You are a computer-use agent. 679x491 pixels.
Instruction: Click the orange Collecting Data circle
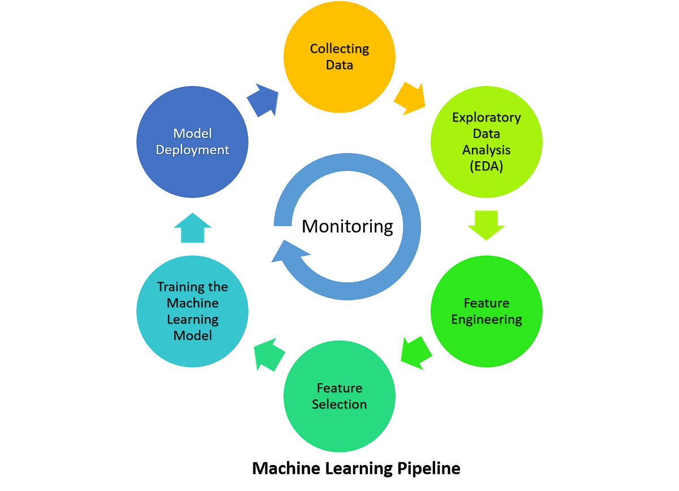(339, 57)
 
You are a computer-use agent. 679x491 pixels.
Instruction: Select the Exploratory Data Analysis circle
(487, 141)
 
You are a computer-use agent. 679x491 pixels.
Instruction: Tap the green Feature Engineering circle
(487, 311)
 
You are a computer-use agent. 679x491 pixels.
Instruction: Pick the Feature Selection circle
(339, 396)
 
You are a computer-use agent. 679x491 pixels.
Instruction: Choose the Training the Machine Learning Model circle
(192, 311)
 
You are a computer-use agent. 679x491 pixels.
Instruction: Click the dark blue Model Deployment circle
(192, 141)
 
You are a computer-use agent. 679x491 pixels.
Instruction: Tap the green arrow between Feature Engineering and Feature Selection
(415, 351)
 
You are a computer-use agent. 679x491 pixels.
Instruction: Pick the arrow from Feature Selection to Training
(268, 354)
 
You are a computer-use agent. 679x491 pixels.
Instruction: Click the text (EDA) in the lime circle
(486, 166)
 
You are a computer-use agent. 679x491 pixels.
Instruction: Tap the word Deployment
(192, 150)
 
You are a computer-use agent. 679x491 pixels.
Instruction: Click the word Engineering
(487, 320)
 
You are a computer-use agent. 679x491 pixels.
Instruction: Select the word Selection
(339, 404)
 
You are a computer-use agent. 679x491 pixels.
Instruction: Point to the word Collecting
(339, 49)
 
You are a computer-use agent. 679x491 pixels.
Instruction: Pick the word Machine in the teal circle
(192, 303)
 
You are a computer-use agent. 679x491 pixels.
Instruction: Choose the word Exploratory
(487, 118)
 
